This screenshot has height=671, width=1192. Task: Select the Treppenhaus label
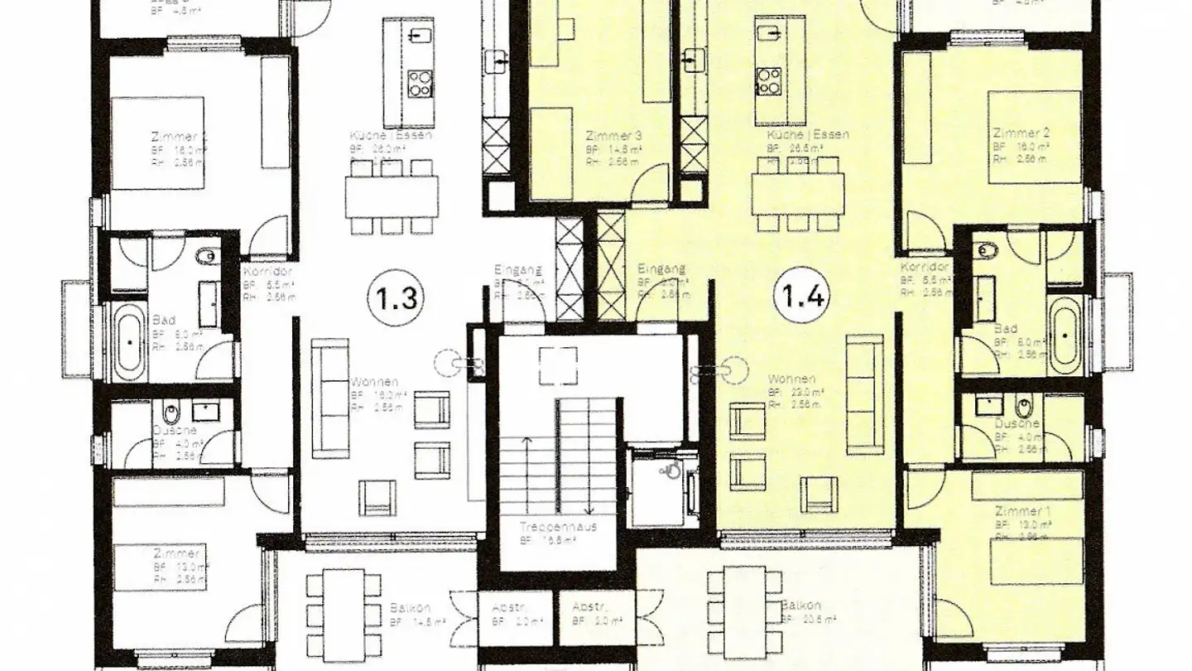coord(559,527)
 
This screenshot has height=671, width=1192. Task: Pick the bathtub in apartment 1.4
coord(1063,336)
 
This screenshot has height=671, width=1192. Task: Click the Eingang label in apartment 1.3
coord(517,270)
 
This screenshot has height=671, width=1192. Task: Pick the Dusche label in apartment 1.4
coord(1017,423)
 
